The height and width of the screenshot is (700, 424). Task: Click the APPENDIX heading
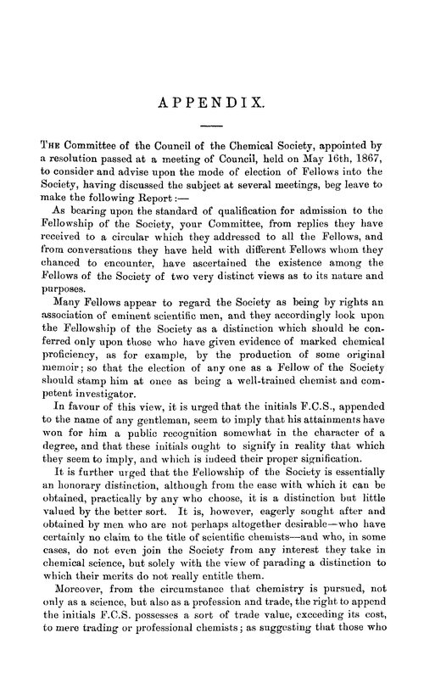[212, 104]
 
